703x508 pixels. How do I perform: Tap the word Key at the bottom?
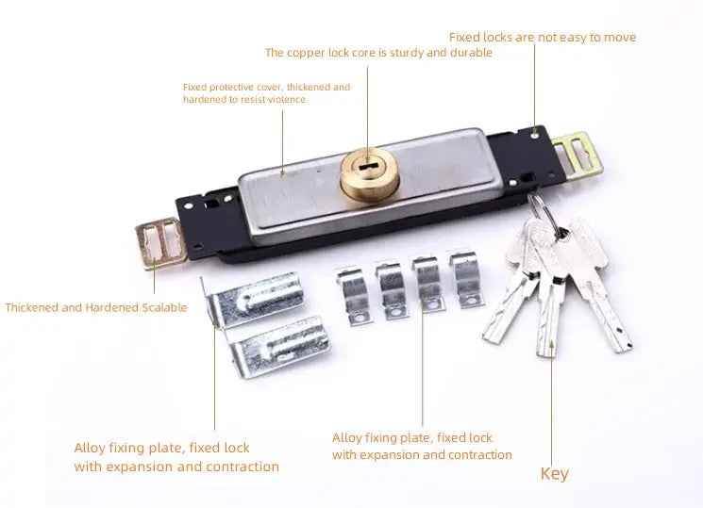(x=554, y=473)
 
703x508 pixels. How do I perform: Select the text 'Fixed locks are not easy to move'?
(x=542, y=38)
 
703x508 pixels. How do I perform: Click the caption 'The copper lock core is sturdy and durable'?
(x=378, y=53)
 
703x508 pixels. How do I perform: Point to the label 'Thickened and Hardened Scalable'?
(x=96, y=307)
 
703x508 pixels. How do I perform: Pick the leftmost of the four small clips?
(x=357, y=294)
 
